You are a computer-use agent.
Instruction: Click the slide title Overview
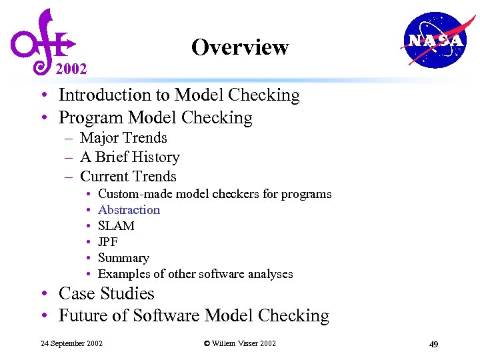click(239, 47)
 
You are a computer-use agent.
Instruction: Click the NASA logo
click(435, 41)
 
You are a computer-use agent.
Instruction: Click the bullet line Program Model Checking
click(155, 118)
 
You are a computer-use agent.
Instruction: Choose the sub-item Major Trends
click(123, 138)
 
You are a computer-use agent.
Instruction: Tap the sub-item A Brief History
click(129, 157)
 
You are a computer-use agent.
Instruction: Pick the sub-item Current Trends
click(128, 177)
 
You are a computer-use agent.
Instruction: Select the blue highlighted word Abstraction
click(129, 210)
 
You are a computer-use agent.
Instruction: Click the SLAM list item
click(116, 226)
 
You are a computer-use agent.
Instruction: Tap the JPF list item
click(107, 242)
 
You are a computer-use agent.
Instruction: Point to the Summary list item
click(123, 258)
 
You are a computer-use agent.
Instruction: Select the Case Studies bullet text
click(106, 294)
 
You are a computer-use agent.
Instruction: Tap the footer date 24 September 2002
click(71, 343)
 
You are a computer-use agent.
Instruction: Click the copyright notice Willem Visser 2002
click(239, 343)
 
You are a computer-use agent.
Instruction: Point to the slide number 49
click(433, 344)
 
